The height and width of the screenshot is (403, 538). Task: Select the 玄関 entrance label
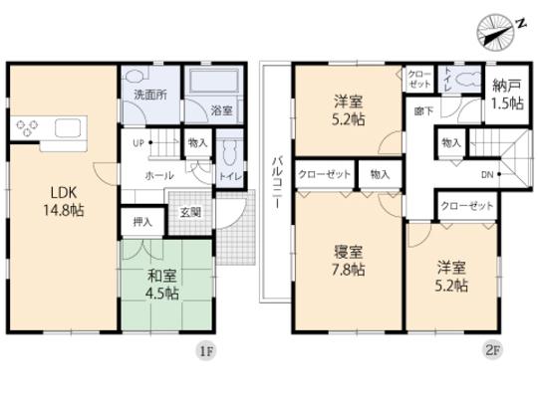[x=190, y=211]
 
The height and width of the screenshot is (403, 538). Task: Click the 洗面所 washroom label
[x=148, y=96]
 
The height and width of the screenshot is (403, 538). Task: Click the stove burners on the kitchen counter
[x=25, y=128]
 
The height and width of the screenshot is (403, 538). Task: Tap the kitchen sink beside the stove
[x=67, y=128]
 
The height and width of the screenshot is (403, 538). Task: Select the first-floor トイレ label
[x=229, y=175]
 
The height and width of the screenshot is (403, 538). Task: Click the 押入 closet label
[x=141, y=222]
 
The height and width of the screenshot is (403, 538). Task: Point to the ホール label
[x=160, y=173]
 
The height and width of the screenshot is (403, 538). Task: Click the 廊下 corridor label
[x=422, y=110]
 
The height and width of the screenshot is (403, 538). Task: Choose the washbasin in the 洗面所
[x=134, y=77]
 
